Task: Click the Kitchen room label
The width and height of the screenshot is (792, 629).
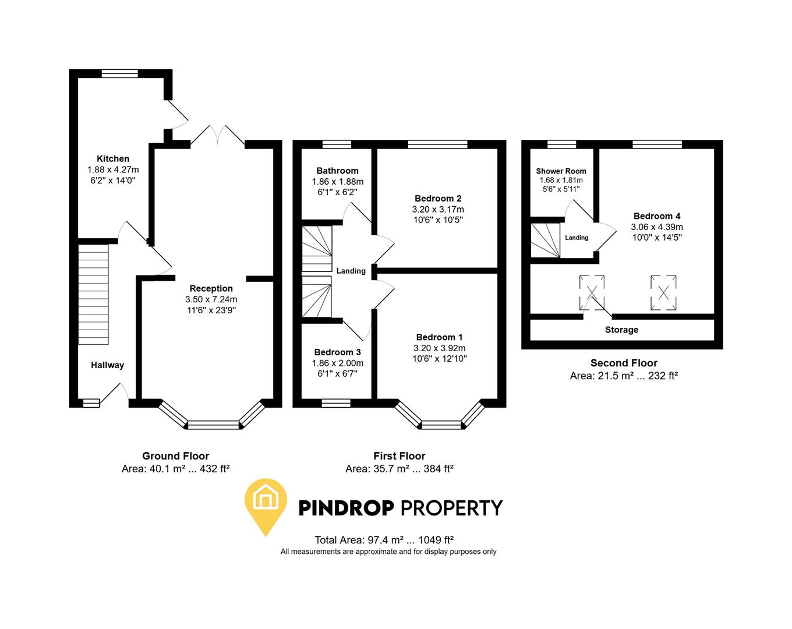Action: (113, 158)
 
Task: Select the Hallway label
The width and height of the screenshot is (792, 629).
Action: (107, 365)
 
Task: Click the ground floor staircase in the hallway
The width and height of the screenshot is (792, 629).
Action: (93, 294)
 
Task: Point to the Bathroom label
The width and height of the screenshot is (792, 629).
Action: (337, 171)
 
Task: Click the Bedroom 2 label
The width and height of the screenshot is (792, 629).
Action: (438, 198)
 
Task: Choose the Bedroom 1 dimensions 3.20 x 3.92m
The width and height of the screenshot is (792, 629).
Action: (439, 348)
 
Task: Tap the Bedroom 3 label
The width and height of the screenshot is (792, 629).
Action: (337, 352)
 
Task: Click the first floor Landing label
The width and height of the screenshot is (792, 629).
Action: (351, 271)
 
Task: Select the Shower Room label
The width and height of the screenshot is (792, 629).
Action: (561, 171)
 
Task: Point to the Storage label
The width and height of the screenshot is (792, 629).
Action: (621, 330)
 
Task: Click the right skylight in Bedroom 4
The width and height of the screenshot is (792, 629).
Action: (663, 292)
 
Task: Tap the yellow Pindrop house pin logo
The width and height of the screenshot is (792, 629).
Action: (266, 504)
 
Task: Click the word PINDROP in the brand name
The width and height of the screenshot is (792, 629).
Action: (346, 508)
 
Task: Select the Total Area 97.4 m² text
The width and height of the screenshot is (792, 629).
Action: (384, 540)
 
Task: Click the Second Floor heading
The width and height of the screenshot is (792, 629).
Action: (624, 363)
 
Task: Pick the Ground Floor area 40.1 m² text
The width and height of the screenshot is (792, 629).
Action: (175, 468)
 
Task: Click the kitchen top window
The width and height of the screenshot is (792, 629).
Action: (119, 73)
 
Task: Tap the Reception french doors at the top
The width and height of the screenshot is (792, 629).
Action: (217, 135)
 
